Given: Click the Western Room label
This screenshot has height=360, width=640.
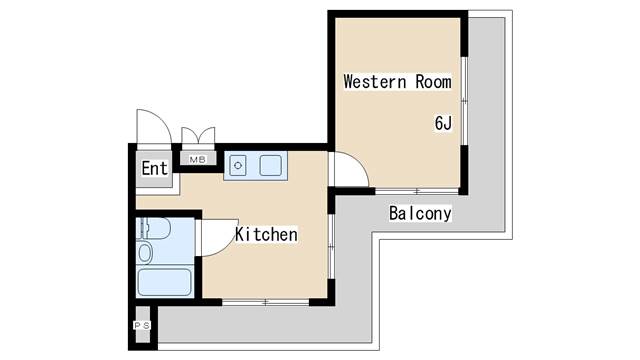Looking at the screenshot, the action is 398,82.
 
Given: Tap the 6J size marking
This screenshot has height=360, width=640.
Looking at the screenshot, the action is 443,123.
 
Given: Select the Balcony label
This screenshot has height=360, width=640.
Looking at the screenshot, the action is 420,213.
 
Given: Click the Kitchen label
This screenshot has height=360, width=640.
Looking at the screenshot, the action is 266,234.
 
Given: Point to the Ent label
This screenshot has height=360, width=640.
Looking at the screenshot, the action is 155,168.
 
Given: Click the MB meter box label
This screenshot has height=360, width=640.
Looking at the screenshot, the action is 198,160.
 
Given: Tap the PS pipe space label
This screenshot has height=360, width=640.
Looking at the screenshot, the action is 142,325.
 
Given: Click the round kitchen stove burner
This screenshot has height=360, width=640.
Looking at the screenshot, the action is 238,166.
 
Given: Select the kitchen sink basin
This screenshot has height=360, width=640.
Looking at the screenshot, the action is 270,165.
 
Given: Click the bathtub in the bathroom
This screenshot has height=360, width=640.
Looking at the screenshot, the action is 164,282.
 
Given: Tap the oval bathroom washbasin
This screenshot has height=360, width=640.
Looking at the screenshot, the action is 145,253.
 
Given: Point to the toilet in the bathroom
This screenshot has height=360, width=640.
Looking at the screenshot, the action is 153,228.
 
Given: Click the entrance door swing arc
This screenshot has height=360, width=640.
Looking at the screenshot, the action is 154,127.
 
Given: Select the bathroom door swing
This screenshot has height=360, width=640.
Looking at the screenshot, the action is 220,238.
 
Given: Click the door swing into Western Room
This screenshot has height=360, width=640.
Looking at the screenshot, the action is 351,169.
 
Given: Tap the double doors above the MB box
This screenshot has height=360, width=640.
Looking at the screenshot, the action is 198,136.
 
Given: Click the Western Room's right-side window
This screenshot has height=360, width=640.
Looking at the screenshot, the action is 464,101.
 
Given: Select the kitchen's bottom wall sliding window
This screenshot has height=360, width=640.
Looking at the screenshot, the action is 266,302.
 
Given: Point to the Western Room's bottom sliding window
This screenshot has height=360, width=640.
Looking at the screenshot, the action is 417,191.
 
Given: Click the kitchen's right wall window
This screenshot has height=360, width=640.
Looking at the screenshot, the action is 331,247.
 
